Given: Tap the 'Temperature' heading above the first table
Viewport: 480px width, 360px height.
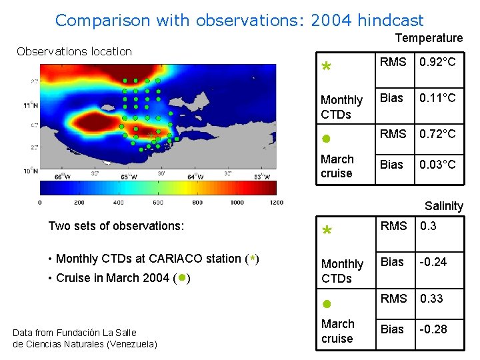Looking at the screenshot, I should point(429,39).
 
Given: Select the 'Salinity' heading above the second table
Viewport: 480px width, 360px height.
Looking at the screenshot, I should point(443,206).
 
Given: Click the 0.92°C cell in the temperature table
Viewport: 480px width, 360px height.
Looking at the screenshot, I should point(437,62).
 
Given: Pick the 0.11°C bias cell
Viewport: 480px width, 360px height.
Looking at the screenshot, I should point(437,98).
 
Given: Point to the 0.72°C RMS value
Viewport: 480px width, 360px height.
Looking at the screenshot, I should point(437,134).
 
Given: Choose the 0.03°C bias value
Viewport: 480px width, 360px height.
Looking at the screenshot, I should point(437,165).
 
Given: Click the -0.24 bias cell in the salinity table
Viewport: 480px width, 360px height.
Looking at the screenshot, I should point(433,262).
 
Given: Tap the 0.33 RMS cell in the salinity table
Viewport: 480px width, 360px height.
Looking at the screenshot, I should point(432,298).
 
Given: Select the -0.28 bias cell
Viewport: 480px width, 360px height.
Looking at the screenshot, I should point(433,329).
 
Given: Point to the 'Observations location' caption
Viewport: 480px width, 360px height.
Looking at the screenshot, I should point(74,51).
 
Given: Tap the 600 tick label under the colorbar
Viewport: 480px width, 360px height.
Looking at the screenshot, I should point(157,202).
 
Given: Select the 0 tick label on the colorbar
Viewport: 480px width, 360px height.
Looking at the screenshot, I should point(40,202).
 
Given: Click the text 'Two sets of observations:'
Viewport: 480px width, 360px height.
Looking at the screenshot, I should point(116,226).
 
